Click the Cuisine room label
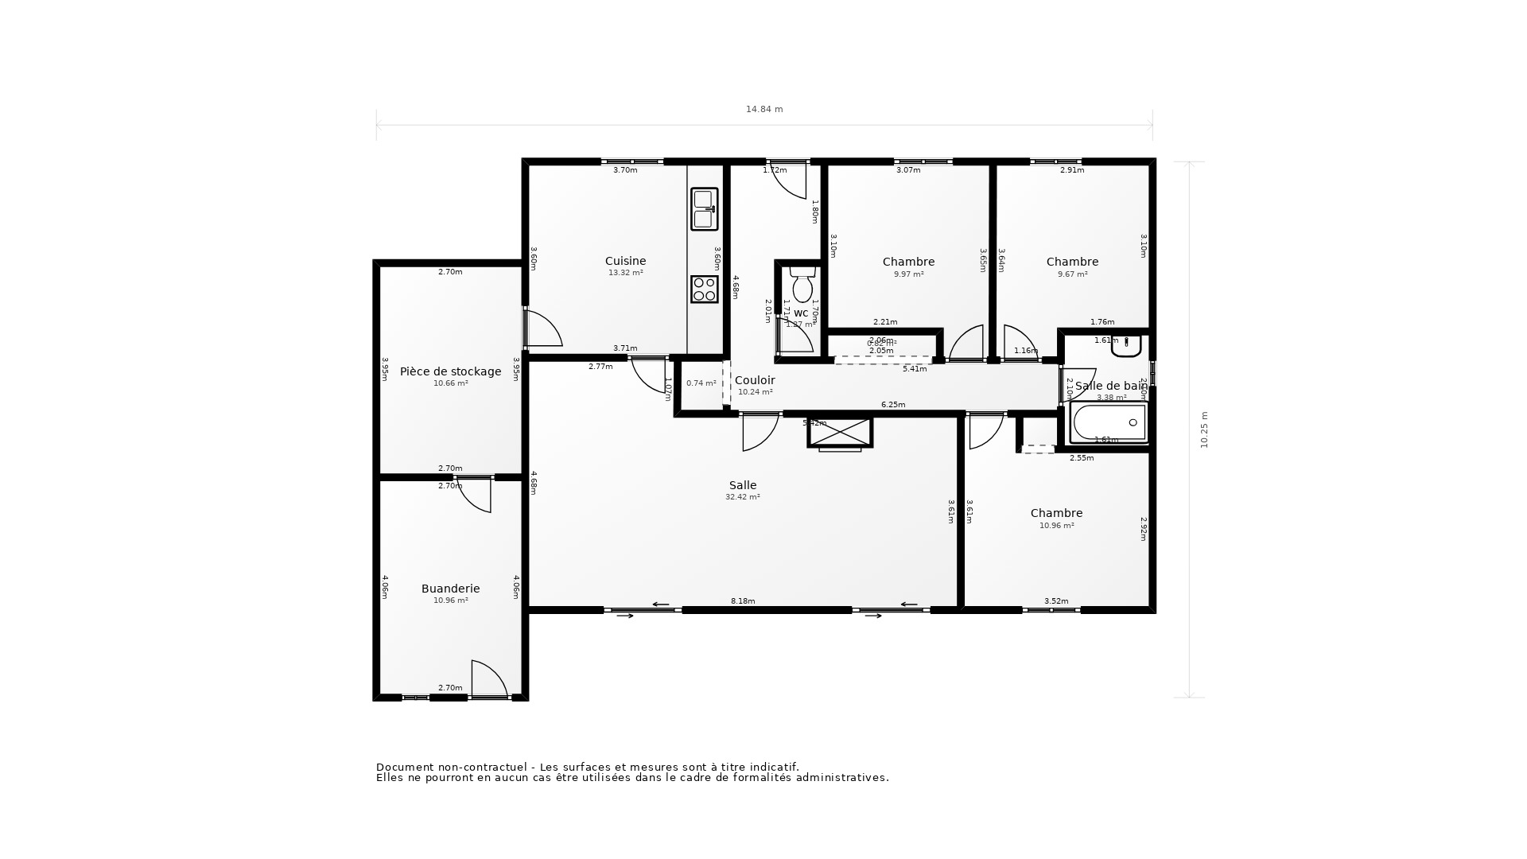tap(625, 261)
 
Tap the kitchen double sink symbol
tap(704, 209)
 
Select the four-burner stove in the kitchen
tap(704, 289)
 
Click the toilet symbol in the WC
tap(802, 286)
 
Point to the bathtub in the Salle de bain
tap(1109, 422)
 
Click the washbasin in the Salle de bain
tap(1127, 346)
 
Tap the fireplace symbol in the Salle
tap(840, 433)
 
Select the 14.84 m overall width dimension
tap(763, 110)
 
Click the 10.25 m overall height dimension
tap(1204, 429)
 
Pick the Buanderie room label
tap(450, 589)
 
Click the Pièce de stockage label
tap(450, 371)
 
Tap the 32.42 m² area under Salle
tap(742, 497)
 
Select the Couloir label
tap(754, 380)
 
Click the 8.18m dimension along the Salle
tap(743, 601)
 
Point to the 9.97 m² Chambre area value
tap(908, 274)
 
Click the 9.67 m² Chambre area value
tap(1072, 274)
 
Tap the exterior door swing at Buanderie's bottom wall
tap(488, 680)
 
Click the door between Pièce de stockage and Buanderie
tap(476, 493)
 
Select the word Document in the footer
tap(404, 767)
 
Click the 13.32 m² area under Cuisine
tap(625, 273)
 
